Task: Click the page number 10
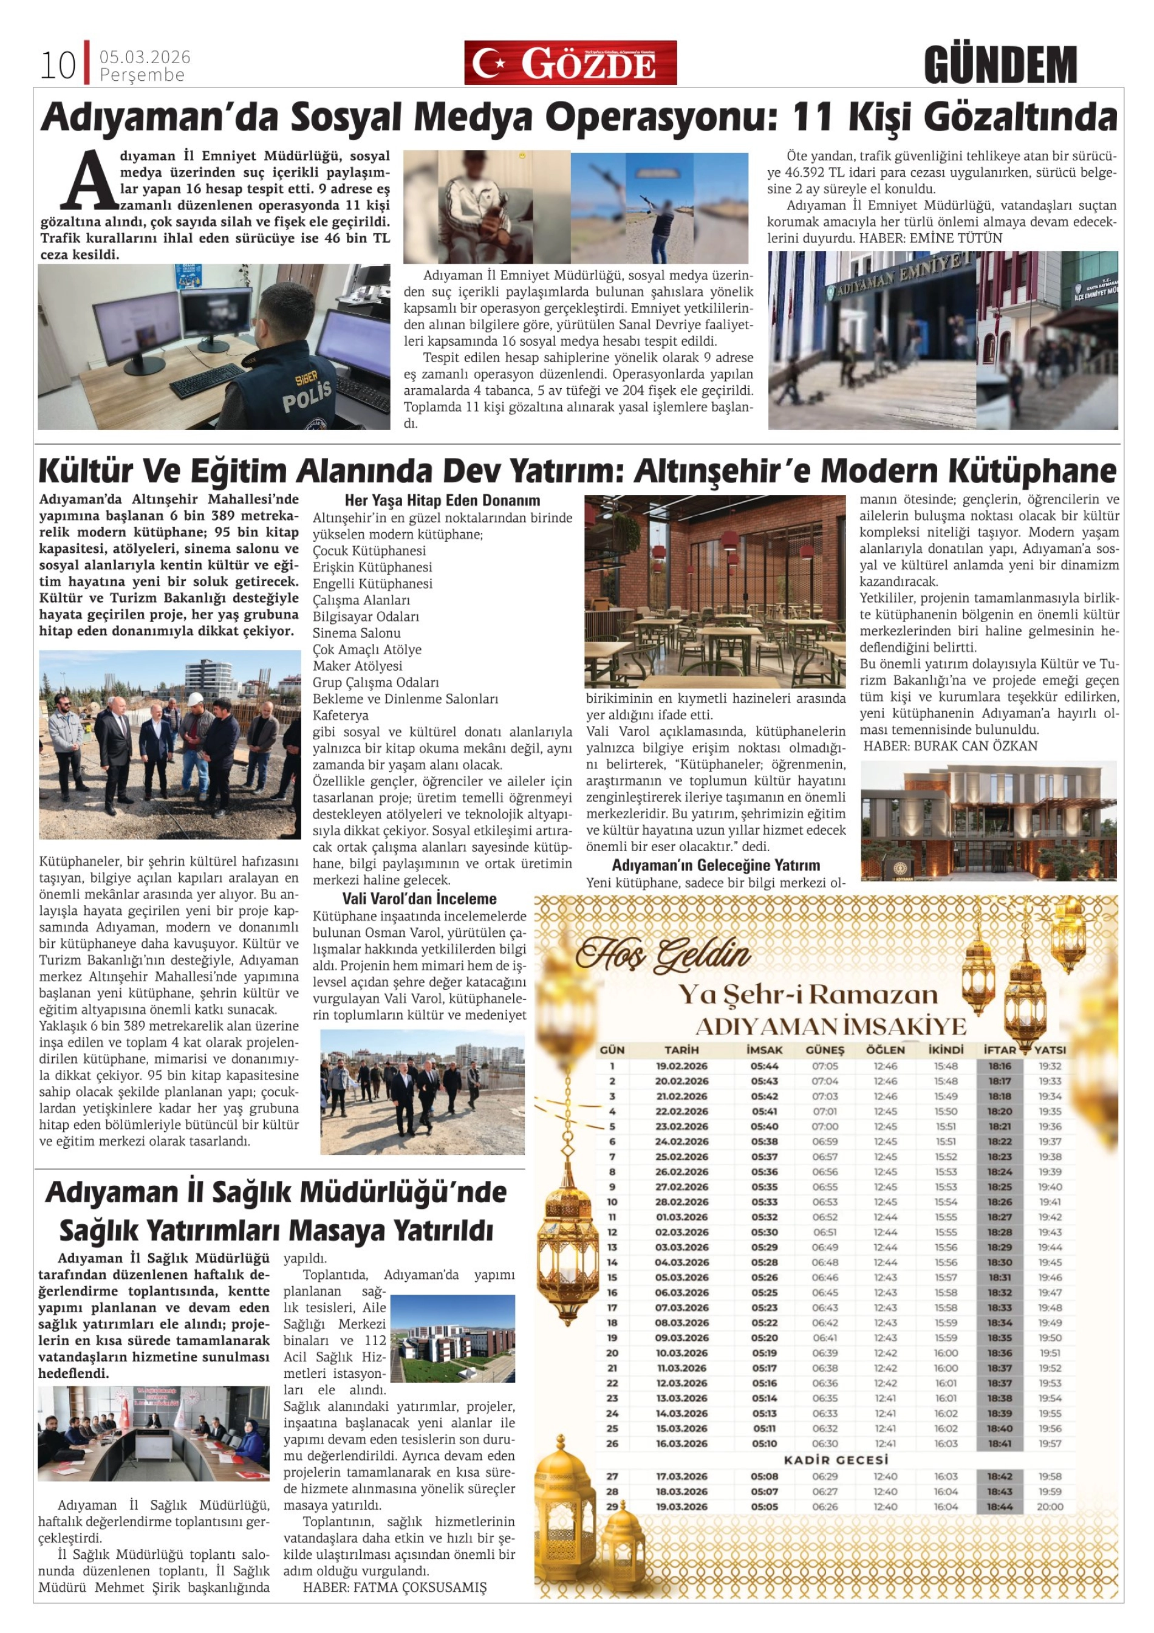[x=58, y=66]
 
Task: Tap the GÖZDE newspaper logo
[x=570, y=63]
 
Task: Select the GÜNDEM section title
[x=1000, y=66]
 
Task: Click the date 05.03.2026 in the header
[x=145, y=57]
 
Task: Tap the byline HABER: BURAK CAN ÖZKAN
[x=950, y=746]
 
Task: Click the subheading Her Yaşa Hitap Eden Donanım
[x=442, y=501]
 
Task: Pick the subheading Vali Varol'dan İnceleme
[x=420, y=899]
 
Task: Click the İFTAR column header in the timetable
[x=999, y=1050]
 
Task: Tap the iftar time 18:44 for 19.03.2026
[x=999, y=1507]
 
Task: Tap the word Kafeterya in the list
[x=341, y=716]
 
